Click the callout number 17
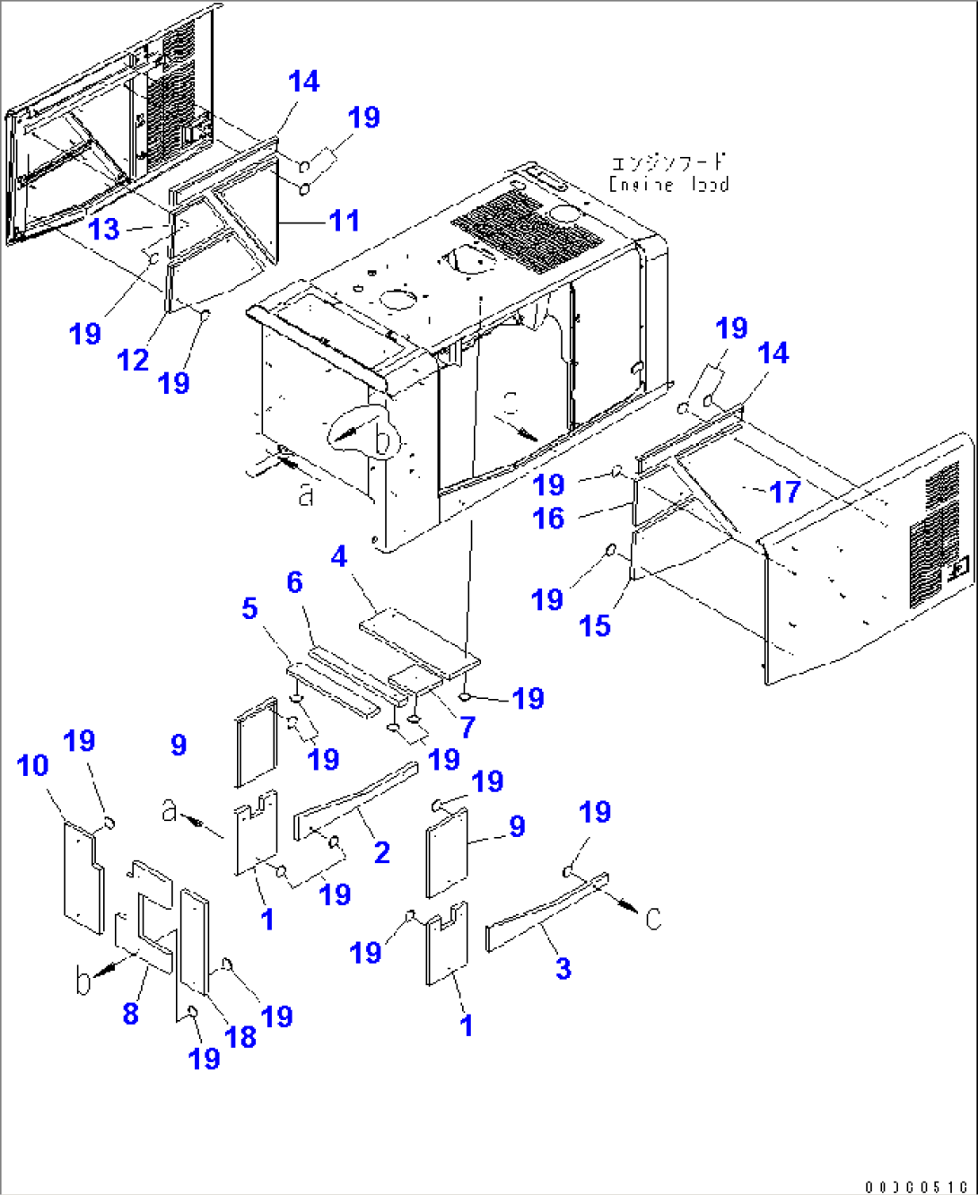784,492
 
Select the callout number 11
345,221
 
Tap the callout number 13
104,230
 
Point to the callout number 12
133,361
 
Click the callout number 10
33,766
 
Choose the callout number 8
131,1014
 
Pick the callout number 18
240,1037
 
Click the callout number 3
563,969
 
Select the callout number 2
382,853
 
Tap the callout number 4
338,557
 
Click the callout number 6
294,582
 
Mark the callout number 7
467,728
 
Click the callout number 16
549,519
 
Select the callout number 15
595,626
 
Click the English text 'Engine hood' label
668,185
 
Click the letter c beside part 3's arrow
653,918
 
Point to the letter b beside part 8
83,982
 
